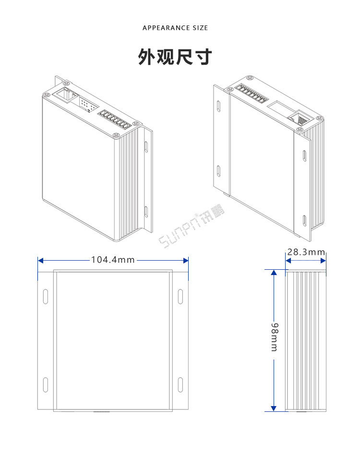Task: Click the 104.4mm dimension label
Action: click(113, 260)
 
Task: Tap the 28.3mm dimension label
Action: click(306, 252)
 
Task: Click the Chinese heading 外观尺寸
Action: click(175, 57)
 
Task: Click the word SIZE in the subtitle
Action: click(200, 28)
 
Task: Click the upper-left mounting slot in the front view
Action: click(45, 296)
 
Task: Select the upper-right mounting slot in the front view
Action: click(180, 296)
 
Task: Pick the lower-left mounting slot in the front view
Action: click(45, 385)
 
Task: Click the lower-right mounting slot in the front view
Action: click(180, 385)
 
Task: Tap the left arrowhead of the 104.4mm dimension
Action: click(41, 260)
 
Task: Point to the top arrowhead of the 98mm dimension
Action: click(274, 273)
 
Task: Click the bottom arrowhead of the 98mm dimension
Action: click(274, 408)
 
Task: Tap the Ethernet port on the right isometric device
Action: click(299, 117)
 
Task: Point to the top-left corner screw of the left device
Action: click(46, 95)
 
